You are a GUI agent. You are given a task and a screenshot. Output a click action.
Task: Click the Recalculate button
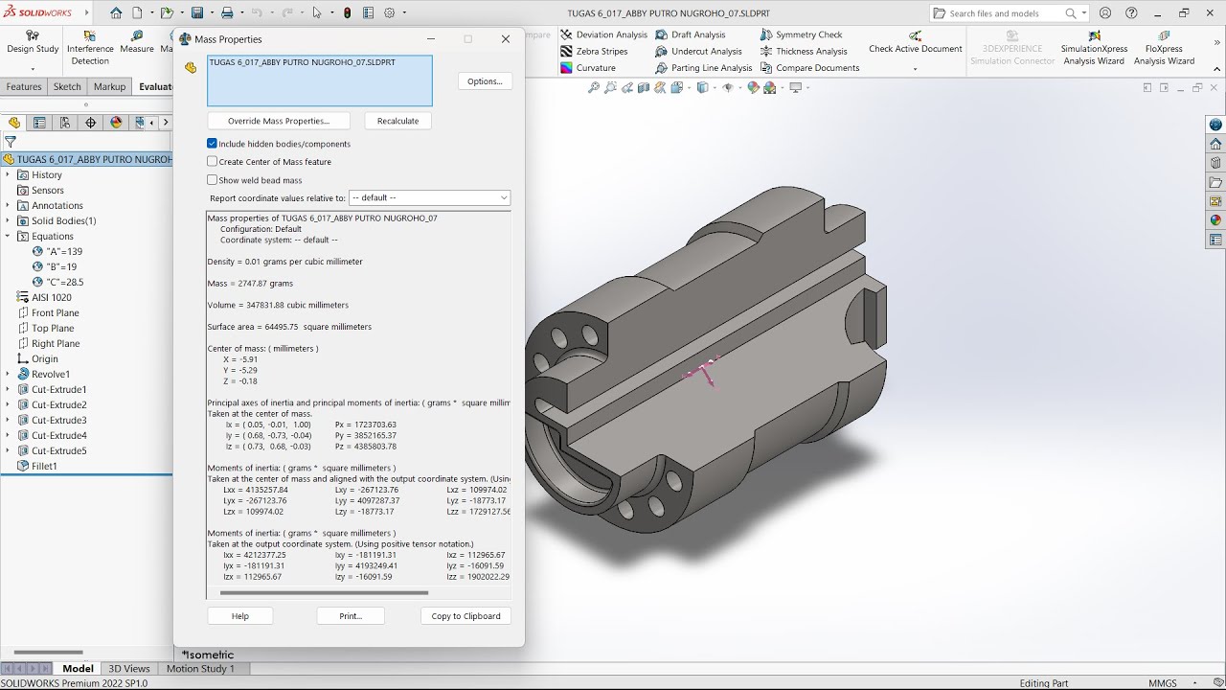pyautogui.click(x=397, y=121)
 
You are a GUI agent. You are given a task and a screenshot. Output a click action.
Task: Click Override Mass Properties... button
pyautogui.click(x=279, y=121)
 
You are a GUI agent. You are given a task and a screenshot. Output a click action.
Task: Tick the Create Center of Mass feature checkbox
pyautogui.click(x=213, y=162)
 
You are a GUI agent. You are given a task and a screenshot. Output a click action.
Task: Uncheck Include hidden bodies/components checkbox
pyautogui.click(x=213, y=144)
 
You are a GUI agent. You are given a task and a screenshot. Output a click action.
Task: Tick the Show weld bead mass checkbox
pyautogui.click(x=213, y=180)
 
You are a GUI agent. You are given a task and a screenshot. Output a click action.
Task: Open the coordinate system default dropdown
pyautogui.click(x=429, y=197)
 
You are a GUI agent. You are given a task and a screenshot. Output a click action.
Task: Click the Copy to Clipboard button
pyautogui.click(x=465, y=616)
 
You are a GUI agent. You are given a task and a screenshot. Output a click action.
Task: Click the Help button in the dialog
pyautogui.click(x=239, y=616)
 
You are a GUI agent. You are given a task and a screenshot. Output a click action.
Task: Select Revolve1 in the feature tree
pyautogui.click(x=50, y=374)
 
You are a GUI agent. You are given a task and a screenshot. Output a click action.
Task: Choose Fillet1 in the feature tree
pyautogui.click(x=44, y=466)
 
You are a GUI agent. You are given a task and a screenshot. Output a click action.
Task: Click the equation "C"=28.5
pyautogui.click(x=65, y=282)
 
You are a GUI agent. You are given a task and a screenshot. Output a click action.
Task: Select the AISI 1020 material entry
pyautogui.click(x=51, y=297)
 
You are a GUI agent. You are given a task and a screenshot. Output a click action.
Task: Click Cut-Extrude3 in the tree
pyautogui.click(x=58, y=420)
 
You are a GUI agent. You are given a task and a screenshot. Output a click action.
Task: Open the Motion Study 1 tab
pyautogui.click(x=200, y=669)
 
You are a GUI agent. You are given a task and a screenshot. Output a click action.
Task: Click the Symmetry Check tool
pyautogui.click(x=808, y=34)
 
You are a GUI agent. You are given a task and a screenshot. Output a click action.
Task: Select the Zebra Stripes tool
pyautogui.click(x=602, y=52)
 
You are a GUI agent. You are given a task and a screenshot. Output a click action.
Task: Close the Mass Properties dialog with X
pyautogui.click(x=506, y=39)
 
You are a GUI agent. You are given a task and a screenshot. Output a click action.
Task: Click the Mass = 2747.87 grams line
pyautogui.click(x=251, y=284)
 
